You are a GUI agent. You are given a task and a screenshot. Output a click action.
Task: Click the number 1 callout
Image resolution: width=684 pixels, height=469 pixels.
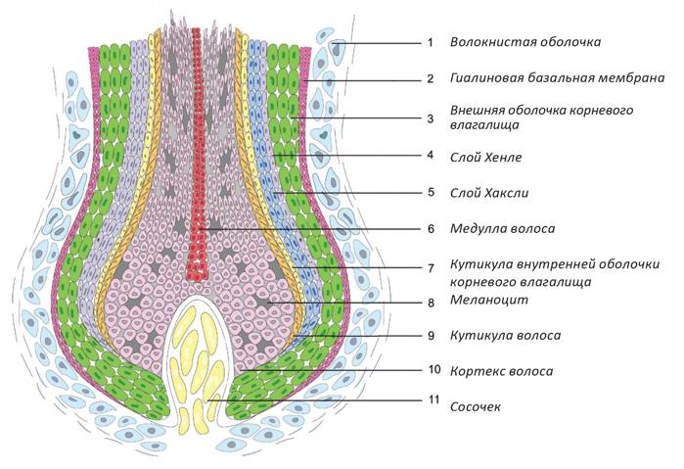[x=429, y=43]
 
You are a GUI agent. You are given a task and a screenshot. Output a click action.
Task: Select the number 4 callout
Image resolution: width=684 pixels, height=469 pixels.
[x=429, y=156]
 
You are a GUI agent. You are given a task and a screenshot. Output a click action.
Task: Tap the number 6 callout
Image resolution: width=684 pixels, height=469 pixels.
[x=429, y=229]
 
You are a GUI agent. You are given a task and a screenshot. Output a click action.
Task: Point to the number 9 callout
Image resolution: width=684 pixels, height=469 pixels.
[x=429, y=336]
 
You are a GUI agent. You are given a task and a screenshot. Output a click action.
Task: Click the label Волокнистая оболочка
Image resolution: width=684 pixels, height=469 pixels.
[x=524, y=43]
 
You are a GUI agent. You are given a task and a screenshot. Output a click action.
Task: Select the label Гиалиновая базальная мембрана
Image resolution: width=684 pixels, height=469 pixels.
[x=559, y=78]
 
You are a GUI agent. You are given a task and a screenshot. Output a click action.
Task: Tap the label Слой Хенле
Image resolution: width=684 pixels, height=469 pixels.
[x=486, y=157]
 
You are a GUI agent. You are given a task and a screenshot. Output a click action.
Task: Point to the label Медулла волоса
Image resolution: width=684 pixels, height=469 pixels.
[x=502, y=229]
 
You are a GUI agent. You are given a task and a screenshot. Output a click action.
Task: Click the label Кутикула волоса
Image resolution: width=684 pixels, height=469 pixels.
[x=505, y=336]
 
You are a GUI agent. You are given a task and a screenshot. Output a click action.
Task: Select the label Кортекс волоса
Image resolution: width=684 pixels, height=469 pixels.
[x=501, y=371]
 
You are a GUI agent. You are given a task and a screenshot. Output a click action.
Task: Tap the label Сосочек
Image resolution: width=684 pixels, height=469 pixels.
[x=476, y=405]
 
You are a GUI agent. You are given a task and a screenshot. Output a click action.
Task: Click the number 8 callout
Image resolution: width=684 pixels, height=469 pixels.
[x=429, y=303]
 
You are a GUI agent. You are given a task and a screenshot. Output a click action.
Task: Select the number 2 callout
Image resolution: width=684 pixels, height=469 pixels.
[x=429, y=79]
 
